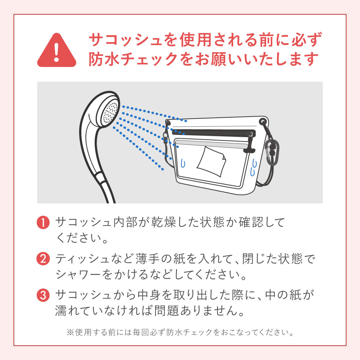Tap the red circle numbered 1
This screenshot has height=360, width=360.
click(43, 222)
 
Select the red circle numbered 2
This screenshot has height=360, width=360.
click(43, 259)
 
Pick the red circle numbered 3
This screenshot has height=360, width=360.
click(43, 295)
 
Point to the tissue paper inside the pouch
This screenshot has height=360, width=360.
click(211, 162)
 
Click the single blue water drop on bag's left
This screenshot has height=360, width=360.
click(183, 163)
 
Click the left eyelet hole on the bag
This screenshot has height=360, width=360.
click(168, 123)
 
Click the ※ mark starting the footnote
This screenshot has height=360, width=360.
click(70, 332)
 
